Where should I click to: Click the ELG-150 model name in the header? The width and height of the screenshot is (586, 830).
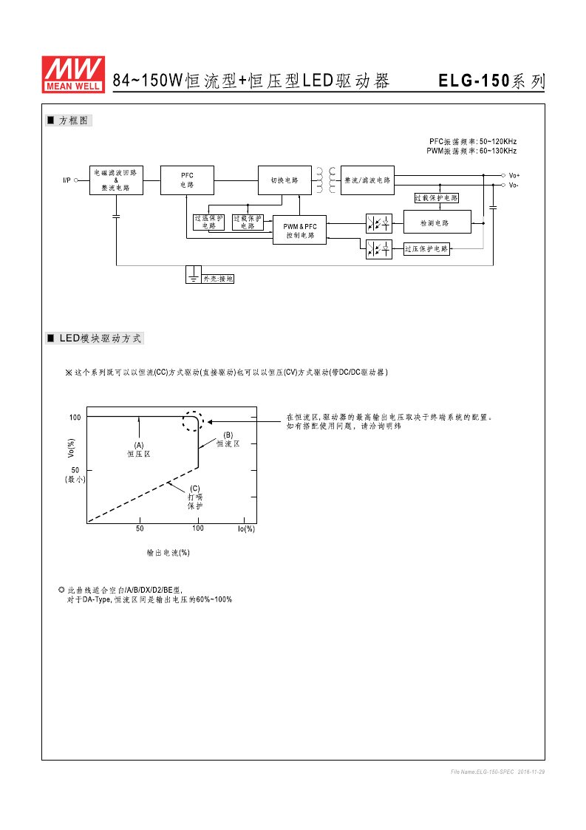(474, 81)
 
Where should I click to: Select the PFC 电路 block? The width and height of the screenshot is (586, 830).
(188, 180)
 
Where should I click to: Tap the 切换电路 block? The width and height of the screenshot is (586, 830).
(284, 180)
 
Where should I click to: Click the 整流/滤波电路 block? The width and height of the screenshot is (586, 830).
(367, 180)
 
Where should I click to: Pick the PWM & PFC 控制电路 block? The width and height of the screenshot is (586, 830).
(300, 231)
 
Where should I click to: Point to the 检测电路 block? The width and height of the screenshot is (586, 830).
(436, 222)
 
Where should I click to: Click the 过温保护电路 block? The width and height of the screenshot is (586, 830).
(208, 222)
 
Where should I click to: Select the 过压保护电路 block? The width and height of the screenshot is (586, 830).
(426, 249)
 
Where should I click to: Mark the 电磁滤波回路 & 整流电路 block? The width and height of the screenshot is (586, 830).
(115, 180)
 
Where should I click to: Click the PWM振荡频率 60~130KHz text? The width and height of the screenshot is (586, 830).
(471, 151)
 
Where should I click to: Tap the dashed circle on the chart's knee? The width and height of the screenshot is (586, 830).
(193, 421)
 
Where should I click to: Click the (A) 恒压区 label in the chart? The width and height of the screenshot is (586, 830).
(138, 449)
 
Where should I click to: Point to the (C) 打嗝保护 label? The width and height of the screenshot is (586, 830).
(194, 497)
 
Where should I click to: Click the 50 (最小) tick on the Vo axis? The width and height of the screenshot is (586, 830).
(75, 474)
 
